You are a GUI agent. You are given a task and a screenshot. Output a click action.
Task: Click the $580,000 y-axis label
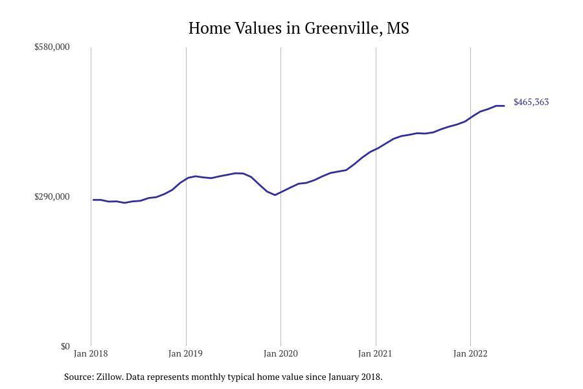52,47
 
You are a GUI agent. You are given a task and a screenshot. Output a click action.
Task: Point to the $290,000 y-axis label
52,197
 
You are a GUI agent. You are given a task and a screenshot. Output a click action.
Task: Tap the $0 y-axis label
65,347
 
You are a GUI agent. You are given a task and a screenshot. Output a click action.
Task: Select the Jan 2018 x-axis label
91,354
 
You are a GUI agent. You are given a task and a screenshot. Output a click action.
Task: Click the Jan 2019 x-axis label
185,354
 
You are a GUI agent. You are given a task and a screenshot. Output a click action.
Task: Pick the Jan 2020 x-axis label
280,354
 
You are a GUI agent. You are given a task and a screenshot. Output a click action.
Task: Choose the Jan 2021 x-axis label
375,354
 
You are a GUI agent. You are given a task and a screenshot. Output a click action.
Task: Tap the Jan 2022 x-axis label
470,354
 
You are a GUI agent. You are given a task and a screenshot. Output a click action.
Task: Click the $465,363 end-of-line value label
531,102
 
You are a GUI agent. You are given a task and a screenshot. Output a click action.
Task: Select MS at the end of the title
398,29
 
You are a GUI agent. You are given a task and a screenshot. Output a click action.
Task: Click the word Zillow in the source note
109,377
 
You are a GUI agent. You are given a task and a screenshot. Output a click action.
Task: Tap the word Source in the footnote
78,377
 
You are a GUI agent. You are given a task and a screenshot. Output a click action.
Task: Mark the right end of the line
504,106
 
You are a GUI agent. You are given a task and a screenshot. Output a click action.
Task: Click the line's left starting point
93,200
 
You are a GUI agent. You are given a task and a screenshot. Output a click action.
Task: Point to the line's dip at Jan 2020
275,194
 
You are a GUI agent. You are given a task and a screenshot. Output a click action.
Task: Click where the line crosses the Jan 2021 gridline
376,149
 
